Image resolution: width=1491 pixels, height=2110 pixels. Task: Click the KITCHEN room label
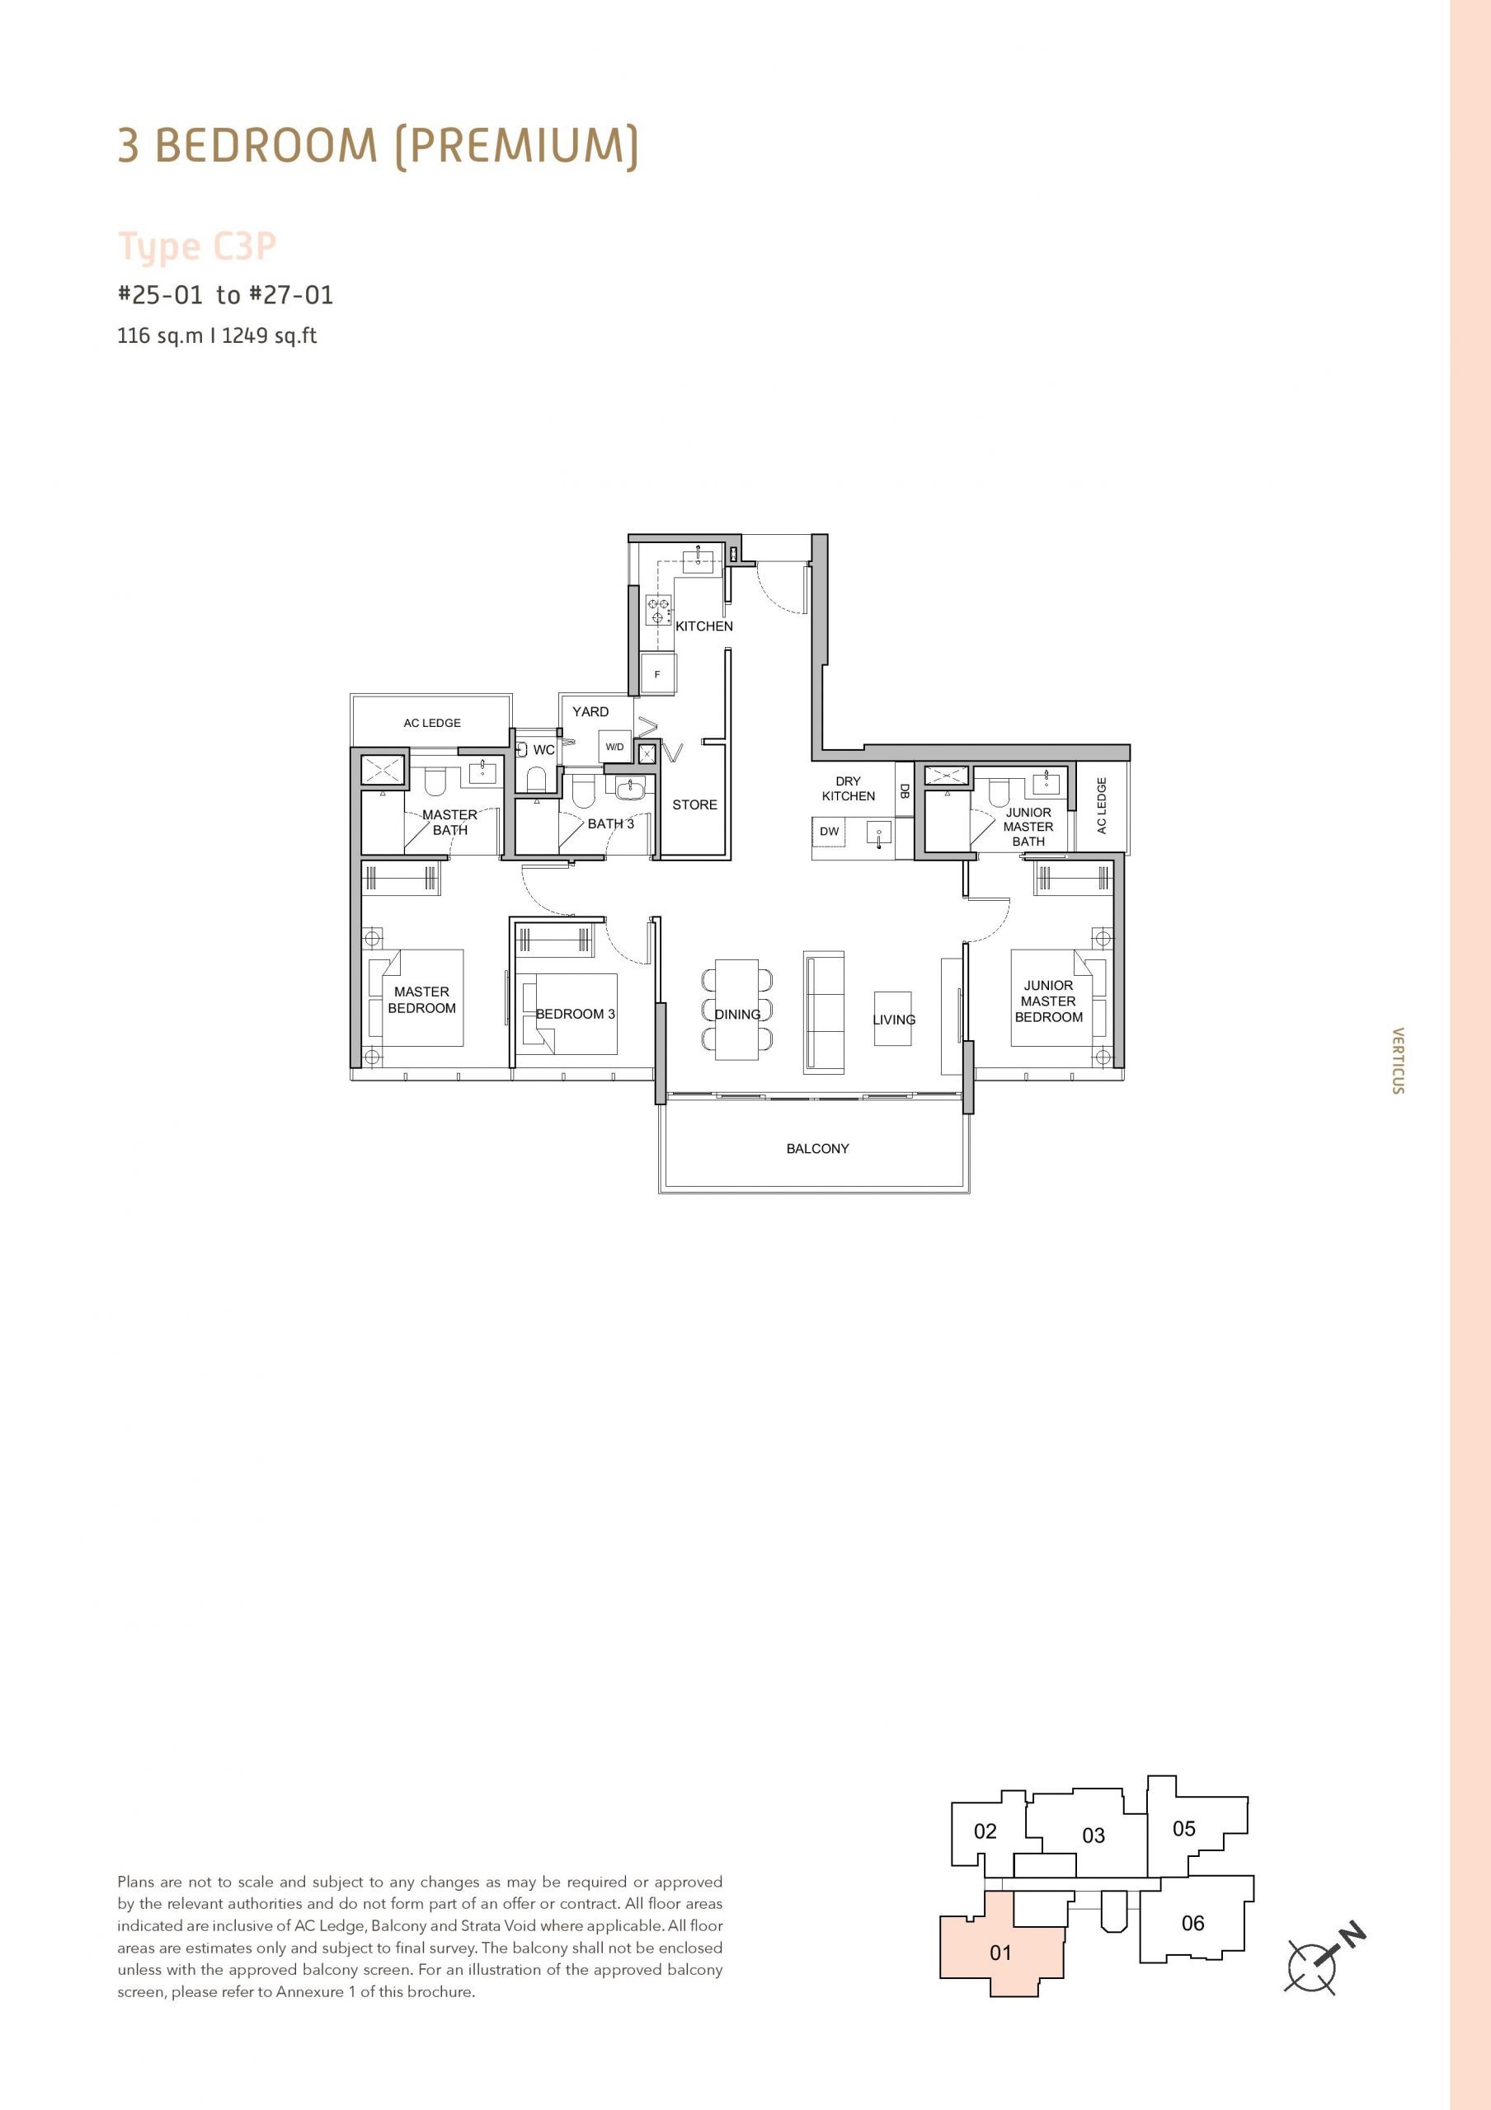(704, 626)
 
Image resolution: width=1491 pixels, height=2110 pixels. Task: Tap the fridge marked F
(658, 673)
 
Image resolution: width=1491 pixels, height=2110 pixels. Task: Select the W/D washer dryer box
(614, 747)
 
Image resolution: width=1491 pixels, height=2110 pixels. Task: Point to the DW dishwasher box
(829, 832)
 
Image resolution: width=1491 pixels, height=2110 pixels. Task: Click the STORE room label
(694, 805)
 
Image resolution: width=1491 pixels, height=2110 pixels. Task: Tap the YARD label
(590, 711)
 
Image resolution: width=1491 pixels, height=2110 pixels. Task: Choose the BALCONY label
(817, 1149)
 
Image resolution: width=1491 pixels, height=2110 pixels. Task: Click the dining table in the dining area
(737, 1009)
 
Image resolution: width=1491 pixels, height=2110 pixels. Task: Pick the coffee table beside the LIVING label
(892, 1018)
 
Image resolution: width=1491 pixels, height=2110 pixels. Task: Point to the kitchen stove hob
(659, 610)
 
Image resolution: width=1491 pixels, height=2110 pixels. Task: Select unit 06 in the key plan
(1192, 1923)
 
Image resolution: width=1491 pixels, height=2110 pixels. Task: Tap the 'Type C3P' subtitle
(197, 247)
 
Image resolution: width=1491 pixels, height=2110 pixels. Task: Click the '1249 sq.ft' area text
(270, 335)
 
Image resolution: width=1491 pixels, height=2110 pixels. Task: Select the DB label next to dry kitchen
(905, 790)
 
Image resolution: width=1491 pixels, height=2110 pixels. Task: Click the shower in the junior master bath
(946, 776)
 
